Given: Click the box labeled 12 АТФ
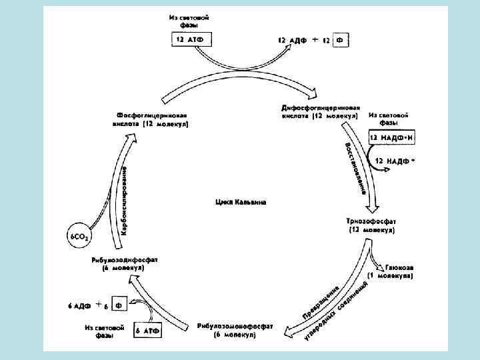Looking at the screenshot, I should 189,40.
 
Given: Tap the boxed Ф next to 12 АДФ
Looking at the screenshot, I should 339,40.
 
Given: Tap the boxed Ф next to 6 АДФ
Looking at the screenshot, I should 119,305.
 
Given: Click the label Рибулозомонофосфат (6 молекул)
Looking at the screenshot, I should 235,331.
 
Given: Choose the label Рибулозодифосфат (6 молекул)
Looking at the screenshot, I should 125,263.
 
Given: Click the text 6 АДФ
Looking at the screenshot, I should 79,305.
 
